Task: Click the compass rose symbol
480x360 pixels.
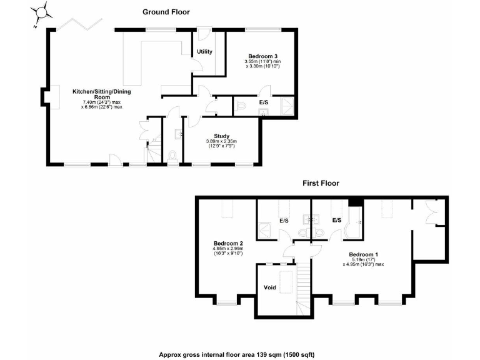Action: click(x=42, y=12)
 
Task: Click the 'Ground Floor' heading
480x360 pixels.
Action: click(x=166, y=11)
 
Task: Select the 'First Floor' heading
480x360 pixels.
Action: click(x=321, y=183)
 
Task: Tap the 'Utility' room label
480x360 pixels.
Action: click(x=204, y=51)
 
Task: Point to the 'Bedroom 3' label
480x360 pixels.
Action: click(x=262, y=56)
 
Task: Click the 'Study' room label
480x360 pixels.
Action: click(x=221, y=136)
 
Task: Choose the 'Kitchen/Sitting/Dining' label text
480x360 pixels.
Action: click(x=101, y=92)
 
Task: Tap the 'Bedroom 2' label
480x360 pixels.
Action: click(x=228, y=243)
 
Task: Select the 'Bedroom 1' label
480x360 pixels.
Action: click(x=363, y=254)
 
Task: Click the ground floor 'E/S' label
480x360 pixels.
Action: click(x=264, y=101)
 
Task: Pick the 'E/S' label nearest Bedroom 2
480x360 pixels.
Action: click(x=284, y=221)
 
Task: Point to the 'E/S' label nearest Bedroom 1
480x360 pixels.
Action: click(x=336, y=221)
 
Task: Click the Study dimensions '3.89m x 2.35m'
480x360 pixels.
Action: click(x=221, y=141)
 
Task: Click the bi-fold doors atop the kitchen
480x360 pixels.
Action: click(x=81, y=24)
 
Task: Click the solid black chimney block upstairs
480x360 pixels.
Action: click(x=356, y=201)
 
